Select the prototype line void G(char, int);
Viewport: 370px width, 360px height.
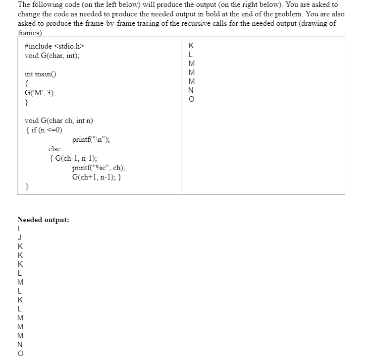[x=52, y=56]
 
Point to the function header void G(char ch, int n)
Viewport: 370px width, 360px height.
[x=58, y=121]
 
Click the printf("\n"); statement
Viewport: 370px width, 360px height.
[x=91, y=139]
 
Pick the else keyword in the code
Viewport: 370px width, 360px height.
[x=54, y=149]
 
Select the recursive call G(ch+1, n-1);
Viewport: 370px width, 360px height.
[x=95, y=177]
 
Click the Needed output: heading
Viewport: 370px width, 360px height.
[x=43, y=220]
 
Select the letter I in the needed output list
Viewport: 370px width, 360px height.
[x=20, y=229]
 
